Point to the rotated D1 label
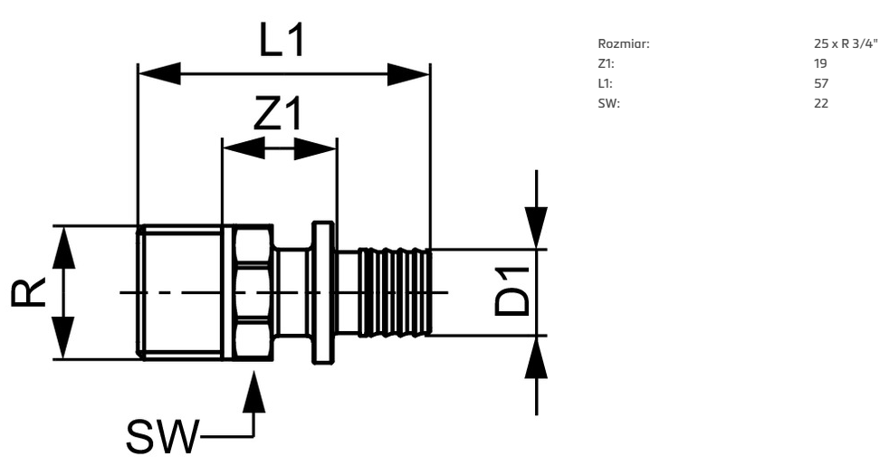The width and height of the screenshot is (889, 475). (512, 291)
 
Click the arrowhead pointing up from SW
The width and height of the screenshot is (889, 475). (255, 391)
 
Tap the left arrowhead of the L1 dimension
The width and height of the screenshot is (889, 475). (158, 73)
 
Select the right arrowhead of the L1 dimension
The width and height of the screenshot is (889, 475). (408, 73)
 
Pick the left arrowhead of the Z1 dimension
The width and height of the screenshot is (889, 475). (243, 149)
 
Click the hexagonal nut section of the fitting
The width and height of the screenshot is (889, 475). (249, 291)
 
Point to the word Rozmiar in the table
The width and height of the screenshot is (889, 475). (624, 44)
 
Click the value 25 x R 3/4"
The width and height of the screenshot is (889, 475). (846, 44)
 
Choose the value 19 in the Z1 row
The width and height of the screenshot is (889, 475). (820, 64)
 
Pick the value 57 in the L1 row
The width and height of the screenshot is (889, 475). (820, 84)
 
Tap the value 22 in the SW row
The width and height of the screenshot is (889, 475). (821, 103)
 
